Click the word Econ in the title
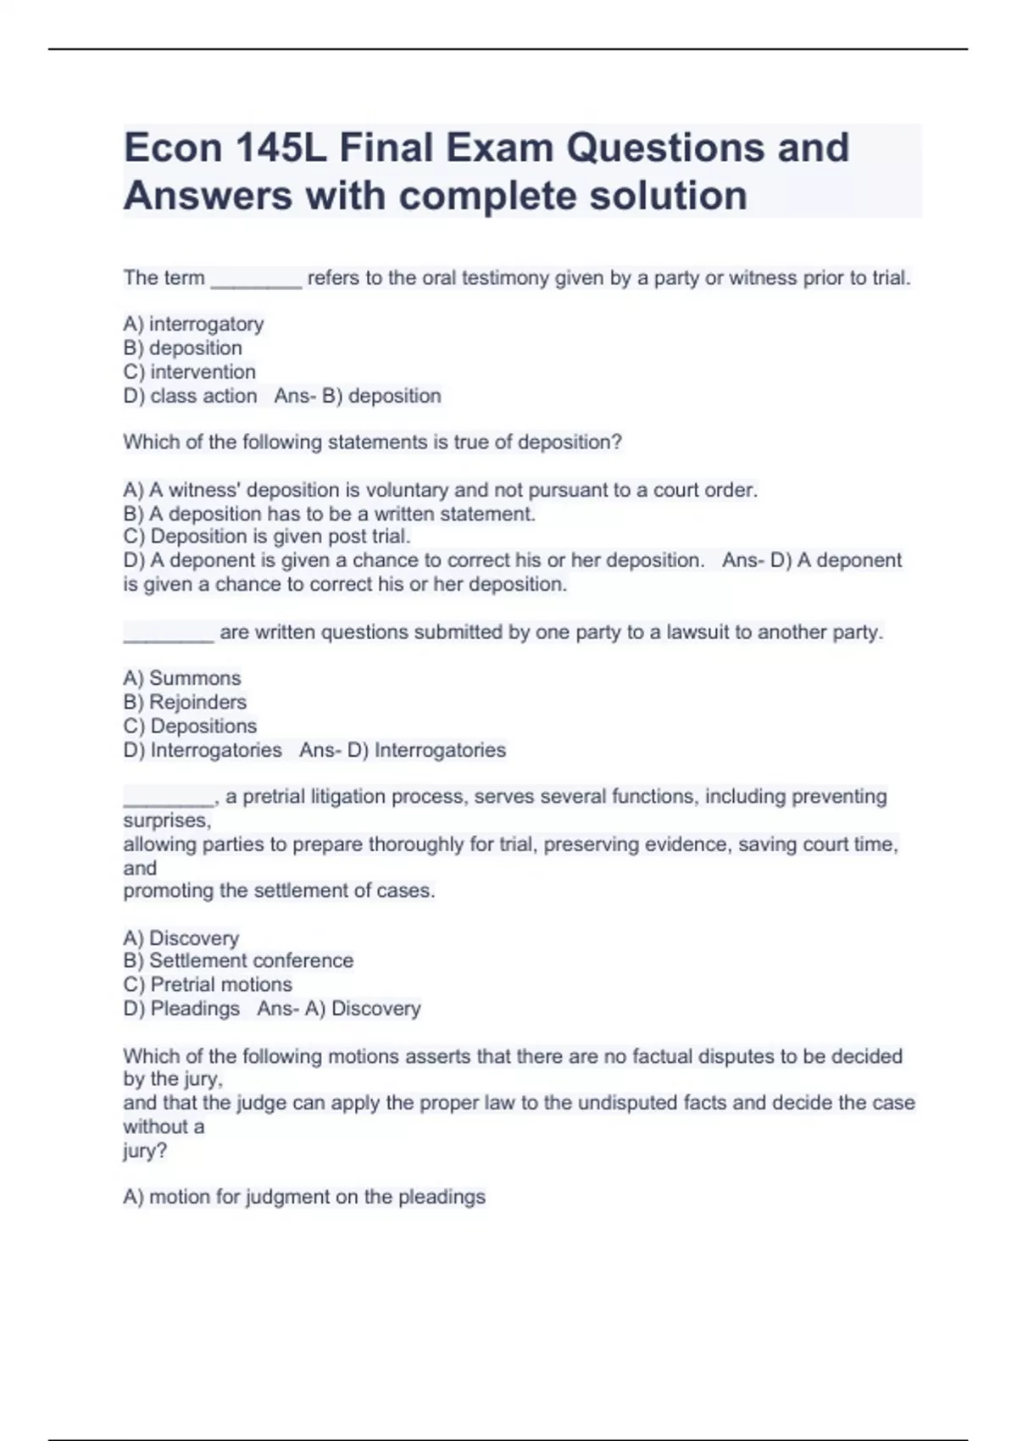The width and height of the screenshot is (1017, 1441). (173, 148)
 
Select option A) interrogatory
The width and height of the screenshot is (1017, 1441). (193, 324)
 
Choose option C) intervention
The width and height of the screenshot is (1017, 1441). (189, 372)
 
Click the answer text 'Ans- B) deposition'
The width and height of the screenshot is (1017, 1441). (358, 396)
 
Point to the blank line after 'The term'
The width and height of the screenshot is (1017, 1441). (255, 281)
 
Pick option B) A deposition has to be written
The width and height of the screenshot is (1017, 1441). (329, 514)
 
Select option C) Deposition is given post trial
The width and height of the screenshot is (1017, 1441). (266, 537)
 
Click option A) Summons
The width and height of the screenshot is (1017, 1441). (181, 678)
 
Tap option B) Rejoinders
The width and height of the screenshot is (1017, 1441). (185, 702)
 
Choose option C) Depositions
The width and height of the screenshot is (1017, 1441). (190, 726)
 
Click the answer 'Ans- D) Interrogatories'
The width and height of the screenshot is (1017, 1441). (403, 750)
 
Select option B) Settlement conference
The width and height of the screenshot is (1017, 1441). (238, 961)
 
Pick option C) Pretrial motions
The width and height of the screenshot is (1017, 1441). (208, 985)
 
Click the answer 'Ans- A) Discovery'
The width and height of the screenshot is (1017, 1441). (339, 1009)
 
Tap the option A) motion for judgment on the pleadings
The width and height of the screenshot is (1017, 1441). (304, 1197)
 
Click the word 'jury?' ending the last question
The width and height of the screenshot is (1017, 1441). (145, 1151)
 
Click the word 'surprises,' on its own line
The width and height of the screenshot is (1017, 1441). (167, 821)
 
